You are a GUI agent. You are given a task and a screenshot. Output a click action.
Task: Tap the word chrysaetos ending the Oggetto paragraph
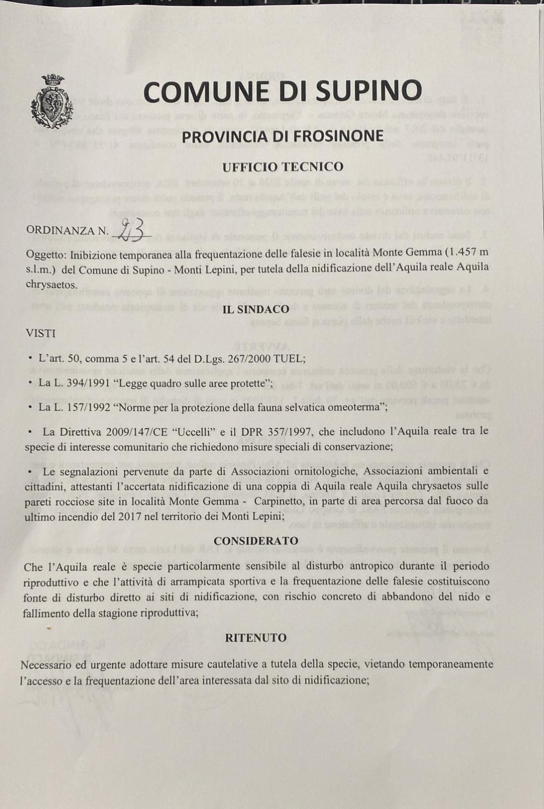point(51,284)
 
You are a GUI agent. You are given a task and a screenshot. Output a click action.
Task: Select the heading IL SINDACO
point(256,309)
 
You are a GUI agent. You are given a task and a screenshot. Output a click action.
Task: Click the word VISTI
point(41,333)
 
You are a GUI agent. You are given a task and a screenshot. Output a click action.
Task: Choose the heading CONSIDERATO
point(256,541)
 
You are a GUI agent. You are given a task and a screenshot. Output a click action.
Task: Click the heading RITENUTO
point(256,637)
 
